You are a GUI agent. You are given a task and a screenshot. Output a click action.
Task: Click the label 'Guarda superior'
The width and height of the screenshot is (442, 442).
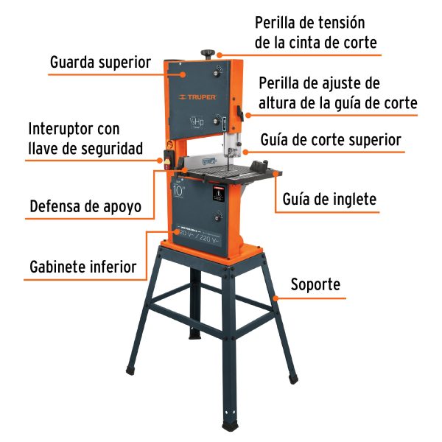click(x=100, y=62)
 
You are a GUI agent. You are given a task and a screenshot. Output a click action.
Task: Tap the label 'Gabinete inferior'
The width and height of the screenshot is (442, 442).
click(x=83, y=266)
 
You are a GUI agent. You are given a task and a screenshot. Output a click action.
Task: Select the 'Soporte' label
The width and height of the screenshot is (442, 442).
click(x=316, y=284)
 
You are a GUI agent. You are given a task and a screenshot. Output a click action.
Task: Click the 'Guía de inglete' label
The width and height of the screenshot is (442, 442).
click(x=329, y=199)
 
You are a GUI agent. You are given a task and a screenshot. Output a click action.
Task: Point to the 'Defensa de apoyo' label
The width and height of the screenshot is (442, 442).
click(x=85, y=206)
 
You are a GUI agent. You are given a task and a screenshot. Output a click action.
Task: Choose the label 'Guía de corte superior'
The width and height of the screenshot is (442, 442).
click(x=331, y=140)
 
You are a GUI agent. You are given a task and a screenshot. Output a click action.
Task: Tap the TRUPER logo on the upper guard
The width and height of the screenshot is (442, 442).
click(x=194, y=97)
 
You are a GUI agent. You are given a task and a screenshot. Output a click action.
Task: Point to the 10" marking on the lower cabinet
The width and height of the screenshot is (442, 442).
click(x=180, y=190)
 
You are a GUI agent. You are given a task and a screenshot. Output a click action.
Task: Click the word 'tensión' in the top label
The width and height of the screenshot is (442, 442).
click(x=337, y=24)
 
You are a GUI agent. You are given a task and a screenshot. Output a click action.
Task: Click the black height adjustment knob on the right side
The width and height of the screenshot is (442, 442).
click(x=240, y=113)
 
